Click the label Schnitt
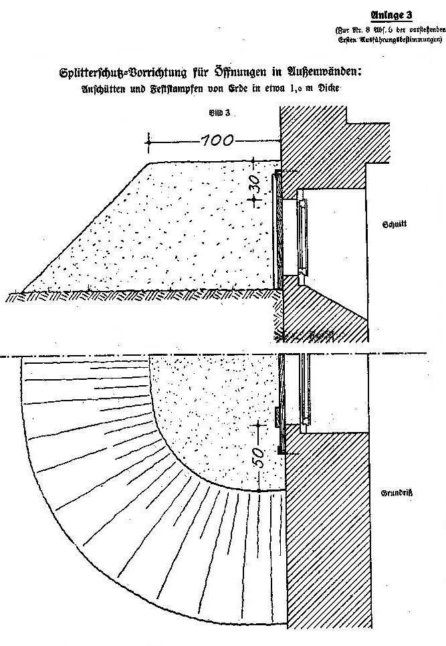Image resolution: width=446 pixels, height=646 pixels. tap(394, 225)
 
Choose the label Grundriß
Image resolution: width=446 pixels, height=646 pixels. tap(395, 493)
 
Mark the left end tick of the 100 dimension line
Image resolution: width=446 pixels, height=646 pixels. tap(148, 141)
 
